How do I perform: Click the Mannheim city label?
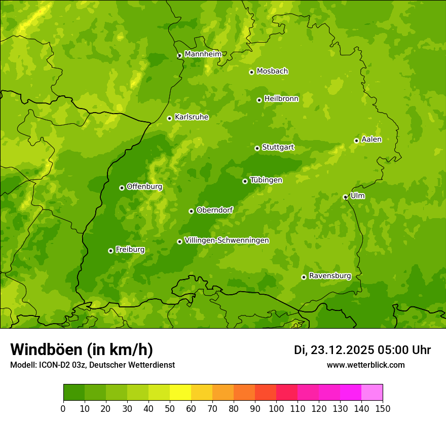click(203, 54)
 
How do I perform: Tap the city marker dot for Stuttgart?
click(257, 148)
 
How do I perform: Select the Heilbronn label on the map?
click(281, 98)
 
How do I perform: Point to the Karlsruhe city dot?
click(169, 118)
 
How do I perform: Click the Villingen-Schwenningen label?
click(227, 240)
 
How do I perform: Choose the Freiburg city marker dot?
click(110, 251)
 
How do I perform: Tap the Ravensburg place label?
click(329, 275)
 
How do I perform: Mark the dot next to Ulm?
click(345, 197)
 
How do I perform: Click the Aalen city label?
click(371, 139)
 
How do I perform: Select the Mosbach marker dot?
click(251, 72)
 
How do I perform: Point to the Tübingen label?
click(266, 180)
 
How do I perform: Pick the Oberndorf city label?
click(214, 209)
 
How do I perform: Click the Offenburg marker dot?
click(122, 188)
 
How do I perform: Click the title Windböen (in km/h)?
click(82, 349)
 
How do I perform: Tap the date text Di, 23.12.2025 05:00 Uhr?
click(362, 350)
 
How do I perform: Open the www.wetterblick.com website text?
click(365, 365)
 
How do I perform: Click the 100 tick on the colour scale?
click(276, 408)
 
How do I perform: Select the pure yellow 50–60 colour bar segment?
click(180, 393)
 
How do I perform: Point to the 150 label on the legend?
click(383, 408)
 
